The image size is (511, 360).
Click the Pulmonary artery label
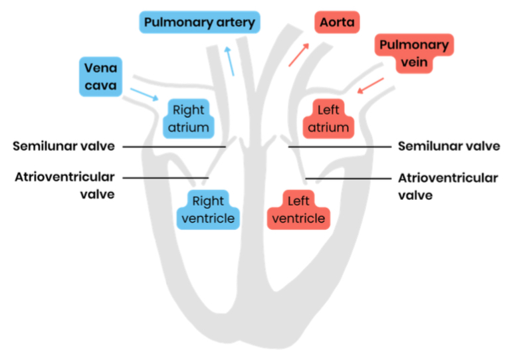(x=199, y=22)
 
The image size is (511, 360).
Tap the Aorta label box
(x=337, y=22)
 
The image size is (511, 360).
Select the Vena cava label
(x=101, y=76)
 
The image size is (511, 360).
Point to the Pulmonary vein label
(x=414, y=53)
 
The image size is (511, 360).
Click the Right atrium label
(x=188, y=119)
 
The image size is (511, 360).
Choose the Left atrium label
(x=328, y=119)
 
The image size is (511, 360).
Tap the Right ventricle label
(x=208, y=209)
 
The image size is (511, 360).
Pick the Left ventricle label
(x=298, y=209)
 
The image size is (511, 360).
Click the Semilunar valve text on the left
(x=64, y=146)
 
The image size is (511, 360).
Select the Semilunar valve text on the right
(x=449, y=146)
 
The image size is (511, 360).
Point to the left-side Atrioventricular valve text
(x=65, y=186)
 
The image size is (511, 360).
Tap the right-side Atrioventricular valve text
(x=448, y=187)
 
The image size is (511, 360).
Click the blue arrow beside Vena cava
(x=144, y=94)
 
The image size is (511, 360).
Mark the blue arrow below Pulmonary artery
(x=229, y=61)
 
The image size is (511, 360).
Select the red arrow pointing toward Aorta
(x=298, y=54)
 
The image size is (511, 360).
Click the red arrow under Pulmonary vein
(x=371, y=86)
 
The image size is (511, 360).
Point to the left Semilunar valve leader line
(x=174, y=147)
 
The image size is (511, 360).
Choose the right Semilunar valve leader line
(x=340, y=147)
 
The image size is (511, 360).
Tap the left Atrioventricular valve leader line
(x=165, y=178)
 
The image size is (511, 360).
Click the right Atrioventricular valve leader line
(x=348, y=179)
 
